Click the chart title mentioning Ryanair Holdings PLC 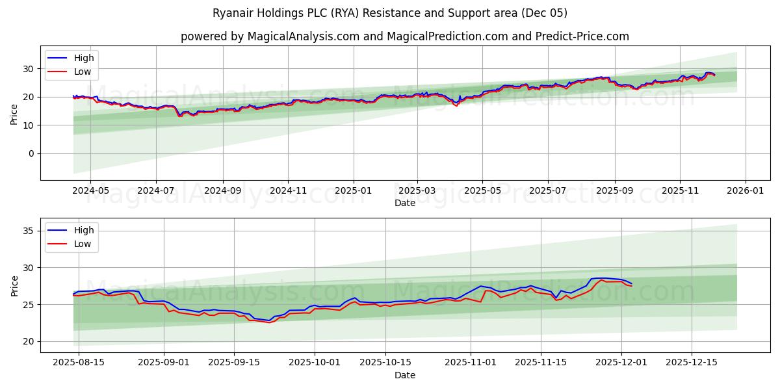pos(390,13)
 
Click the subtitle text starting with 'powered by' pos(404,36)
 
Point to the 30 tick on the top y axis pos(29,68)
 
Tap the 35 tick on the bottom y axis pos(29,231)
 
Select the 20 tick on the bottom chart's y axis pos(29,341)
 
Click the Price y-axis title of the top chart pos(14,114)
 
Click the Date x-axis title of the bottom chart pos(404,375)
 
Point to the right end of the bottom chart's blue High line pos(631,283)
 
